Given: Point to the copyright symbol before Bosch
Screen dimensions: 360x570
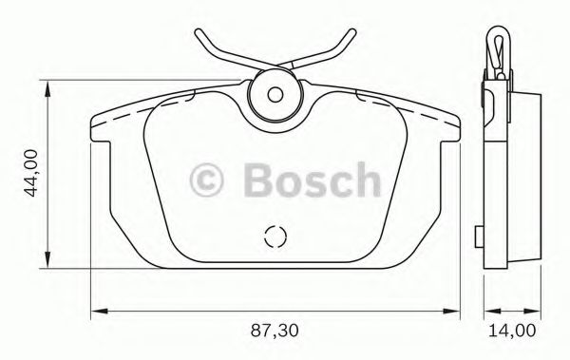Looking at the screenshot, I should coord(211,179).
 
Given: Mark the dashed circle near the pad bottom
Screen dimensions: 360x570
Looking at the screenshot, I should coord(274,237).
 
